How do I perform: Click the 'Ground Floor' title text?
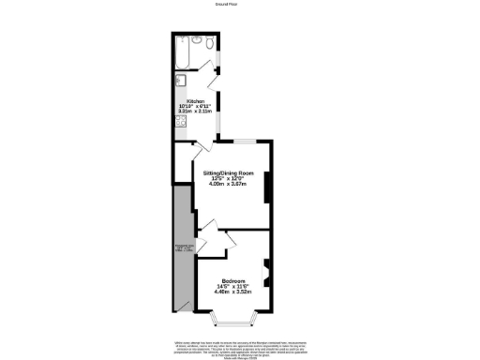pyautogui.click(x=239, y=4)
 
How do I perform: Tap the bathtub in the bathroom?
pyautogui.click(x=182, y=53)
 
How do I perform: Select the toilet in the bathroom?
pyautogui.click(x=209, y=42)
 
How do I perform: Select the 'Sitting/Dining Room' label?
pyautogui.click(x=230, y=173)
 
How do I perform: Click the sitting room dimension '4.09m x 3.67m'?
pyautogui.click(x=230, y=184)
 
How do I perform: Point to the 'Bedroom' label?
pyautogui.click(x=234, y=280)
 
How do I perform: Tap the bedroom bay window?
pyautogui.click(x=234, y=322)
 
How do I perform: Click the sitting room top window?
pyautogui.click(x=246, y=141)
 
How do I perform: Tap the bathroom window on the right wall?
pyautogui.click(x=220, y=61)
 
